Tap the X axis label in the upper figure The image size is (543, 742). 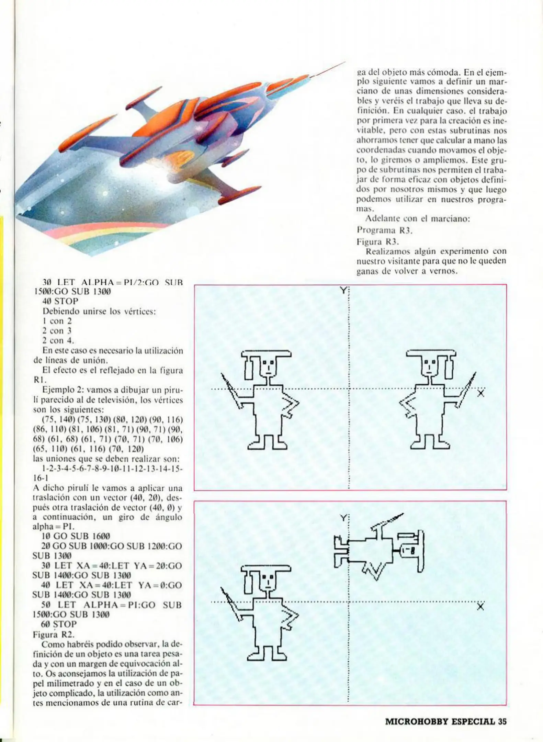click(x=481, y=393)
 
